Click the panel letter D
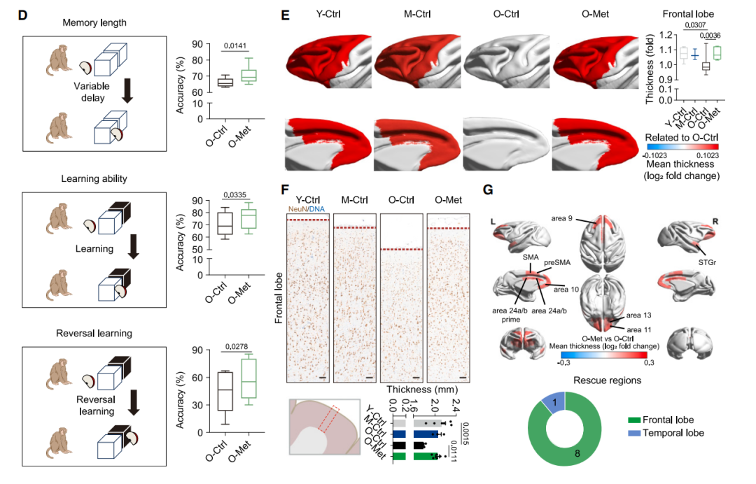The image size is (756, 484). pos(22,15)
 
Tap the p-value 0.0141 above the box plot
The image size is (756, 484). pos(234,45)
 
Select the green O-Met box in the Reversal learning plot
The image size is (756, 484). pos(248,378)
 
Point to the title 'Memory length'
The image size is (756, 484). pos(94,22)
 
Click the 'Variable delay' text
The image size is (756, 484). pos(92,92)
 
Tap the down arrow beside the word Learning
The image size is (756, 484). pos(134,247)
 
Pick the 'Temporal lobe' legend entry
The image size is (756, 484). pos(666,433)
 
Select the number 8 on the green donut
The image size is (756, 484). pos(577,453)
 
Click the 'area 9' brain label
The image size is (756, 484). pos(561,218)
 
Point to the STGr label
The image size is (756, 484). pos(707,262)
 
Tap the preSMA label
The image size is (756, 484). pos(557,262)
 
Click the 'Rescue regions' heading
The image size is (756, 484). pos(607,380)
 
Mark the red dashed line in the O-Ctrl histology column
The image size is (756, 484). pos(401,250)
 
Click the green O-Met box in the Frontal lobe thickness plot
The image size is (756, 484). pos(717,53)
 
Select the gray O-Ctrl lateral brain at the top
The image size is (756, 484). pos(506,61)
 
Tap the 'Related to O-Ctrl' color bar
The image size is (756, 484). pos(682,146)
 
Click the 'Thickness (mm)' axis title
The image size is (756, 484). pos(422,389)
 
